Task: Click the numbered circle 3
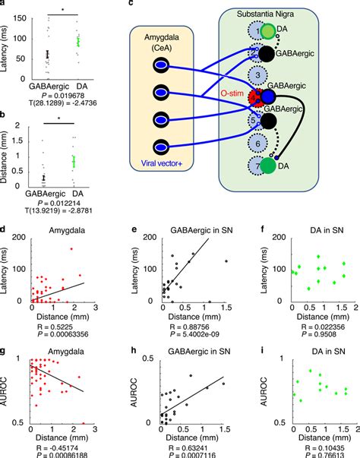(259, 74)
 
